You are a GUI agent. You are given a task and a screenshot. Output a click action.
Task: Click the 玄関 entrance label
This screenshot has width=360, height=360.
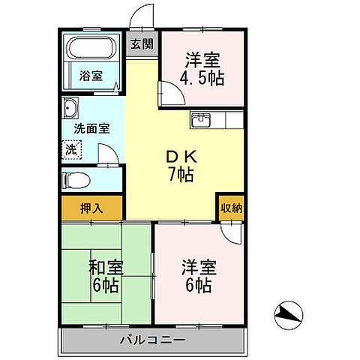point(140,44)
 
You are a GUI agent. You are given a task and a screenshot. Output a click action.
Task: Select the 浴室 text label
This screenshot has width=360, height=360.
point(91,76)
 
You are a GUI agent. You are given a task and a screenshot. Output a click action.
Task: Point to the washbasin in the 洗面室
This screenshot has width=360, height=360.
point(71,106)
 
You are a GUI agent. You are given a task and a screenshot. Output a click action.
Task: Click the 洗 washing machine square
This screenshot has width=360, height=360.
point(70,148)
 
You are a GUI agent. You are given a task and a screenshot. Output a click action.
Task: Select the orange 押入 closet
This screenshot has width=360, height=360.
point(91,207)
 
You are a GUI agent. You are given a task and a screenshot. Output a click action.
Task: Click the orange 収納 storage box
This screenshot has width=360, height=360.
point(231,208)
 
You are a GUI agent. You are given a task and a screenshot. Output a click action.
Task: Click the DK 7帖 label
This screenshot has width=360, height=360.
point(180,166)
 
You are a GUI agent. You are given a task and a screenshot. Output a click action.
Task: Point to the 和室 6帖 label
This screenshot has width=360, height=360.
point(106,276)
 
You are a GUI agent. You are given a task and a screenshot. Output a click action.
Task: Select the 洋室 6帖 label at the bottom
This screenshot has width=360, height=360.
point(199,276)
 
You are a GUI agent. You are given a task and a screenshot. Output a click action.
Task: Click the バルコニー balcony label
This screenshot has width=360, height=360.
point(153,341)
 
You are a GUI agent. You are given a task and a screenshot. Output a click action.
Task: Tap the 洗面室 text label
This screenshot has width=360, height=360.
point(91,128)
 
